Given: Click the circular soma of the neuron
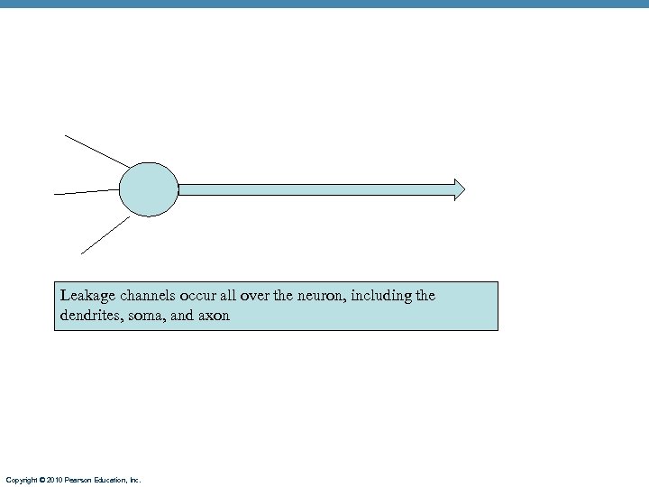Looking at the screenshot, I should [149, 189].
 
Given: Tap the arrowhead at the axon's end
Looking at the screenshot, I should [460, 189].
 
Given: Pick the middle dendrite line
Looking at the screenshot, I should [87, 192].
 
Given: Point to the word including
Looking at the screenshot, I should [388, 296].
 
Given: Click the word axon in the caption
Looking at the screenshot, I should [213, 317].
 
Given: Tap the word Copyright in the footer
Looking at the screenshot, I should [22, 480].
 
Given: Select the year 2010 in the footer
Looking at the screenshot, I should [56, 480].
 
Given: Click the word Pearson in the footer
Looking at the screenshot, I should [80, 480].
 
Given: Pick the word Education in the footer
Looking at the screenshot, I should [113, 480].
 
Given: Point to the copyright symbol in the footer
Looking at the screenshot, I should [42, 480].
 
